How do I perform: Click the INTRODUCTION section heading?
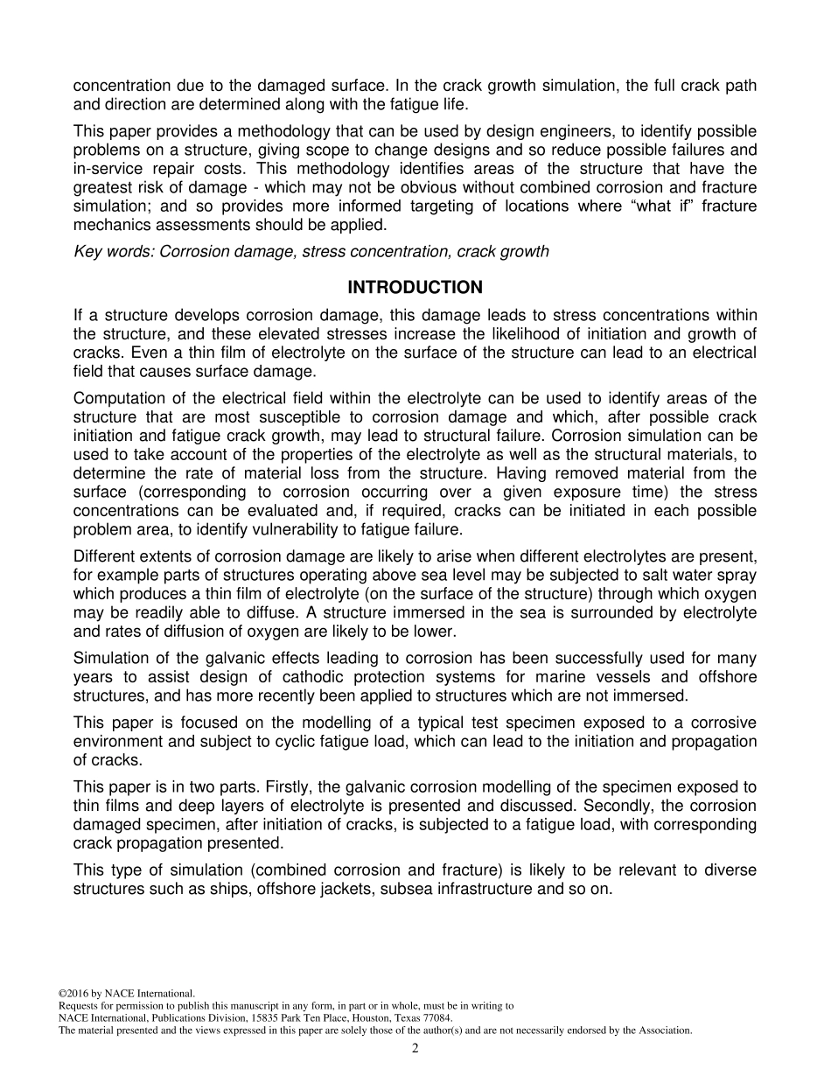coord(415,288)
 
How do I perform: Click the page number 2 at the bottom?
coord(415,1049)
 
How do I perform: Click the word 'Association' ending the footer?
coord(665,1031)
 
